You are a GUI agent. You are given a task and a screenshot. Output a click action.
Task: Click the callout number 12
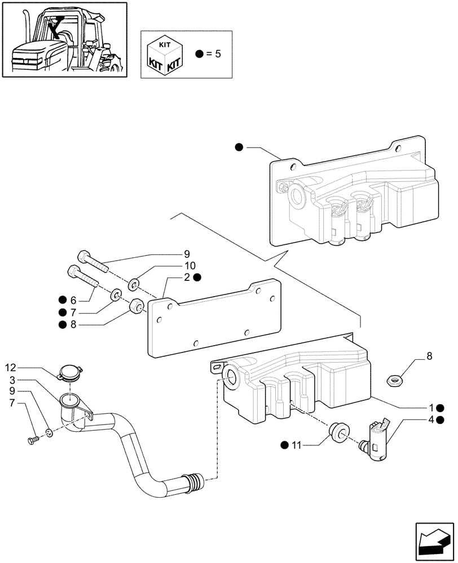[x=12, y=368]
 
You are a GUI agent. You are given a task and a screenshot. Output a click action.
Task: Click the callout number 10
[x=190, y=266]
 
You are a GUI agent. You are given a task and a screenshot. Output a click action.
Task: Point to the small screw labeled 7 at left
[x=33, y=439]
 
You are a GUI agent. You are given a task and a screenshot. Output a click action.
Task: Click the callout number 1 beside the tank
[x=430, y=408]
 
